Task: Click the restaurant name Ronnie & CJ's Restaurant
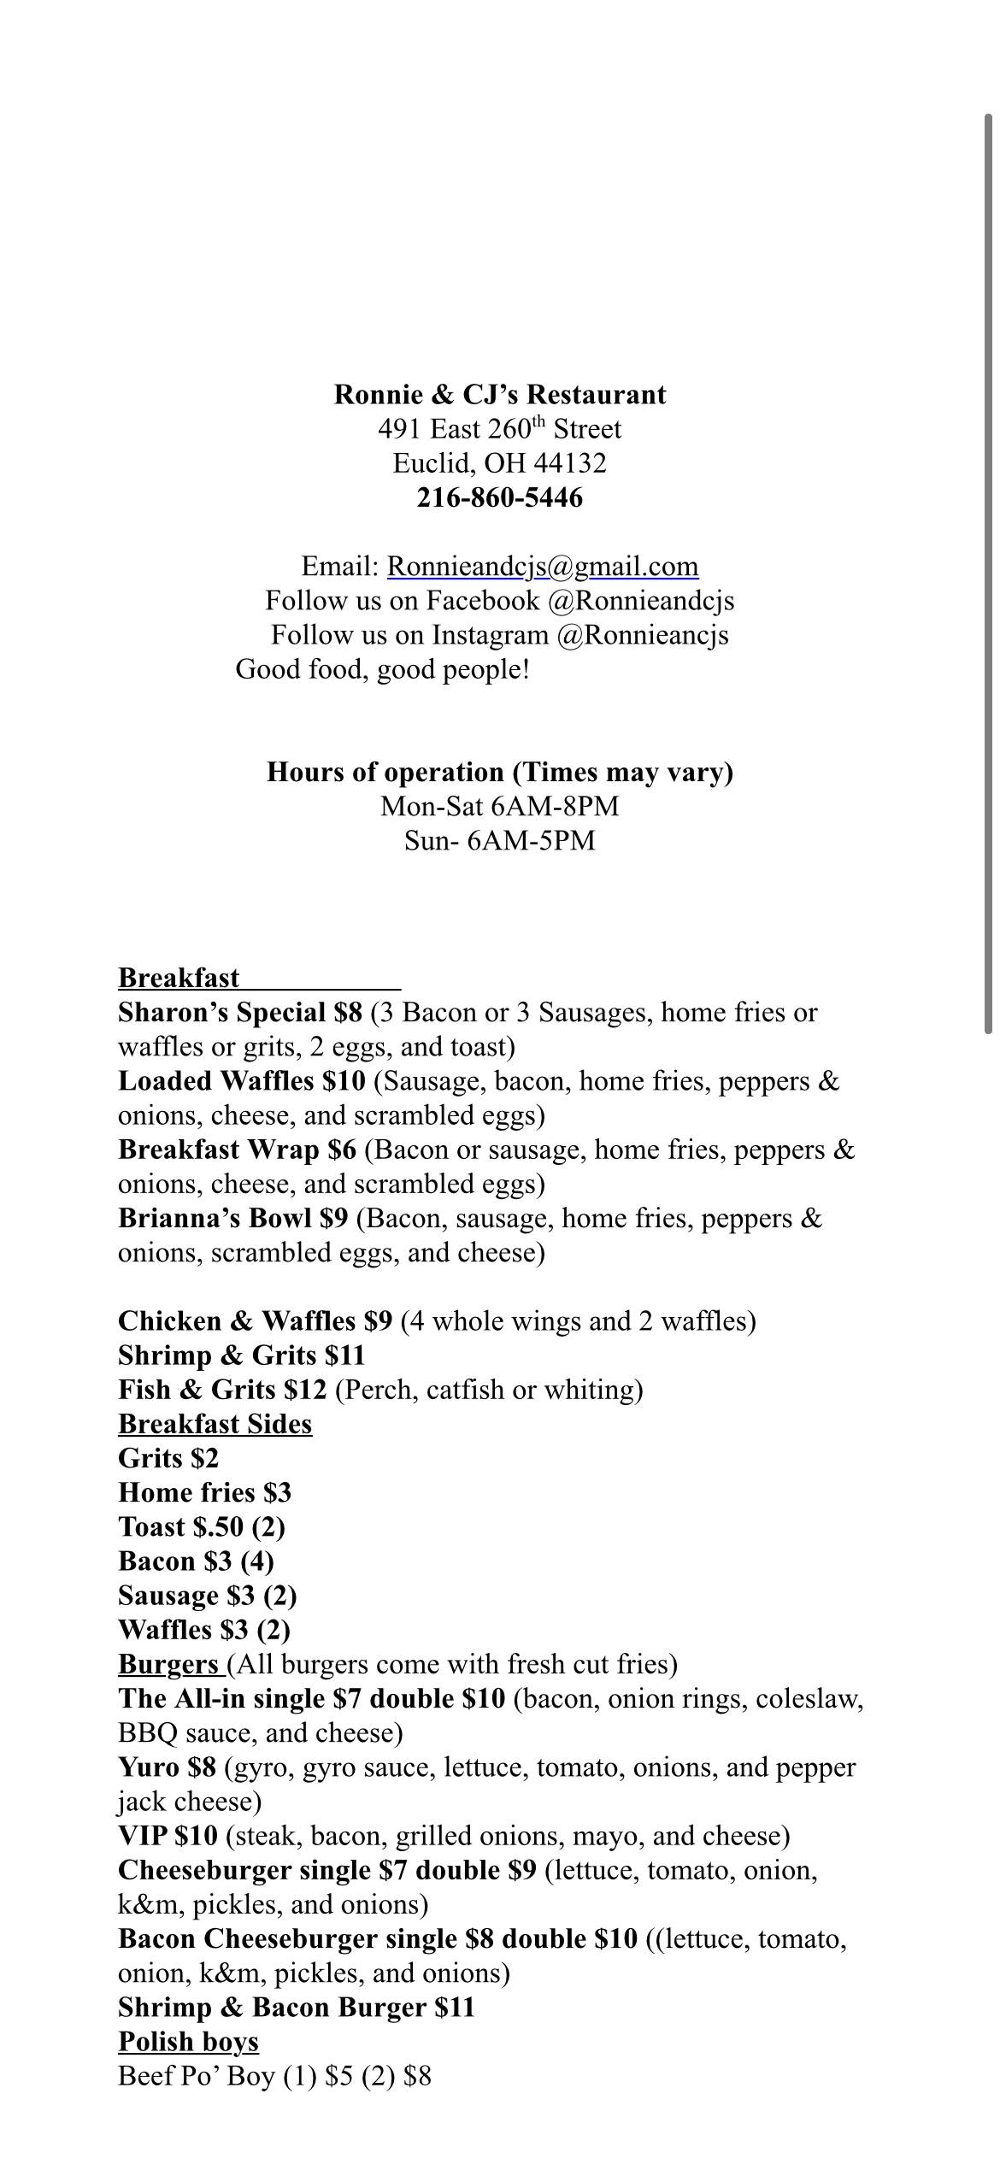(x=499, y=395)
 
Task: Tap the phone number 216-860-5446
(x=499, y=497)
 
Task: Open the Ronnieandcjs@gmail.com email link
(x=543, y=567)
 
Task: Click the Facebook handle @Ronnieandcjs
(x=641, y=601)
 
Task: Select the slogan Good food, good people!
(x=383, y=669)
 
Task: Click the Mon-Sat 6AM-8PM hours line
(x=499, y=806)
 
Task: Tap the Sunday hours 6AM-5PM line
(x=499, y=841)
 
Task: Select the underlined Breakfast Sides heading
(x=215, y=1424)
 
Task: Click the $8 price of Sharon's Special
(x=349, y=1013)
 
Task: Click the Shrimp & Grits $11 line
(x=242, y=1355)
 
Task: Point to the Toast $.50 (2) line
(x=202, y=1526)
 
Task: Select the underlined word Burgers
(x=168, y=1664)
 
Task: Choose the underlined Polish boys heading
(x=188, y=2042)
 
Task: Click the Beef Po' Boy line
(x=274, y=2076)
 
